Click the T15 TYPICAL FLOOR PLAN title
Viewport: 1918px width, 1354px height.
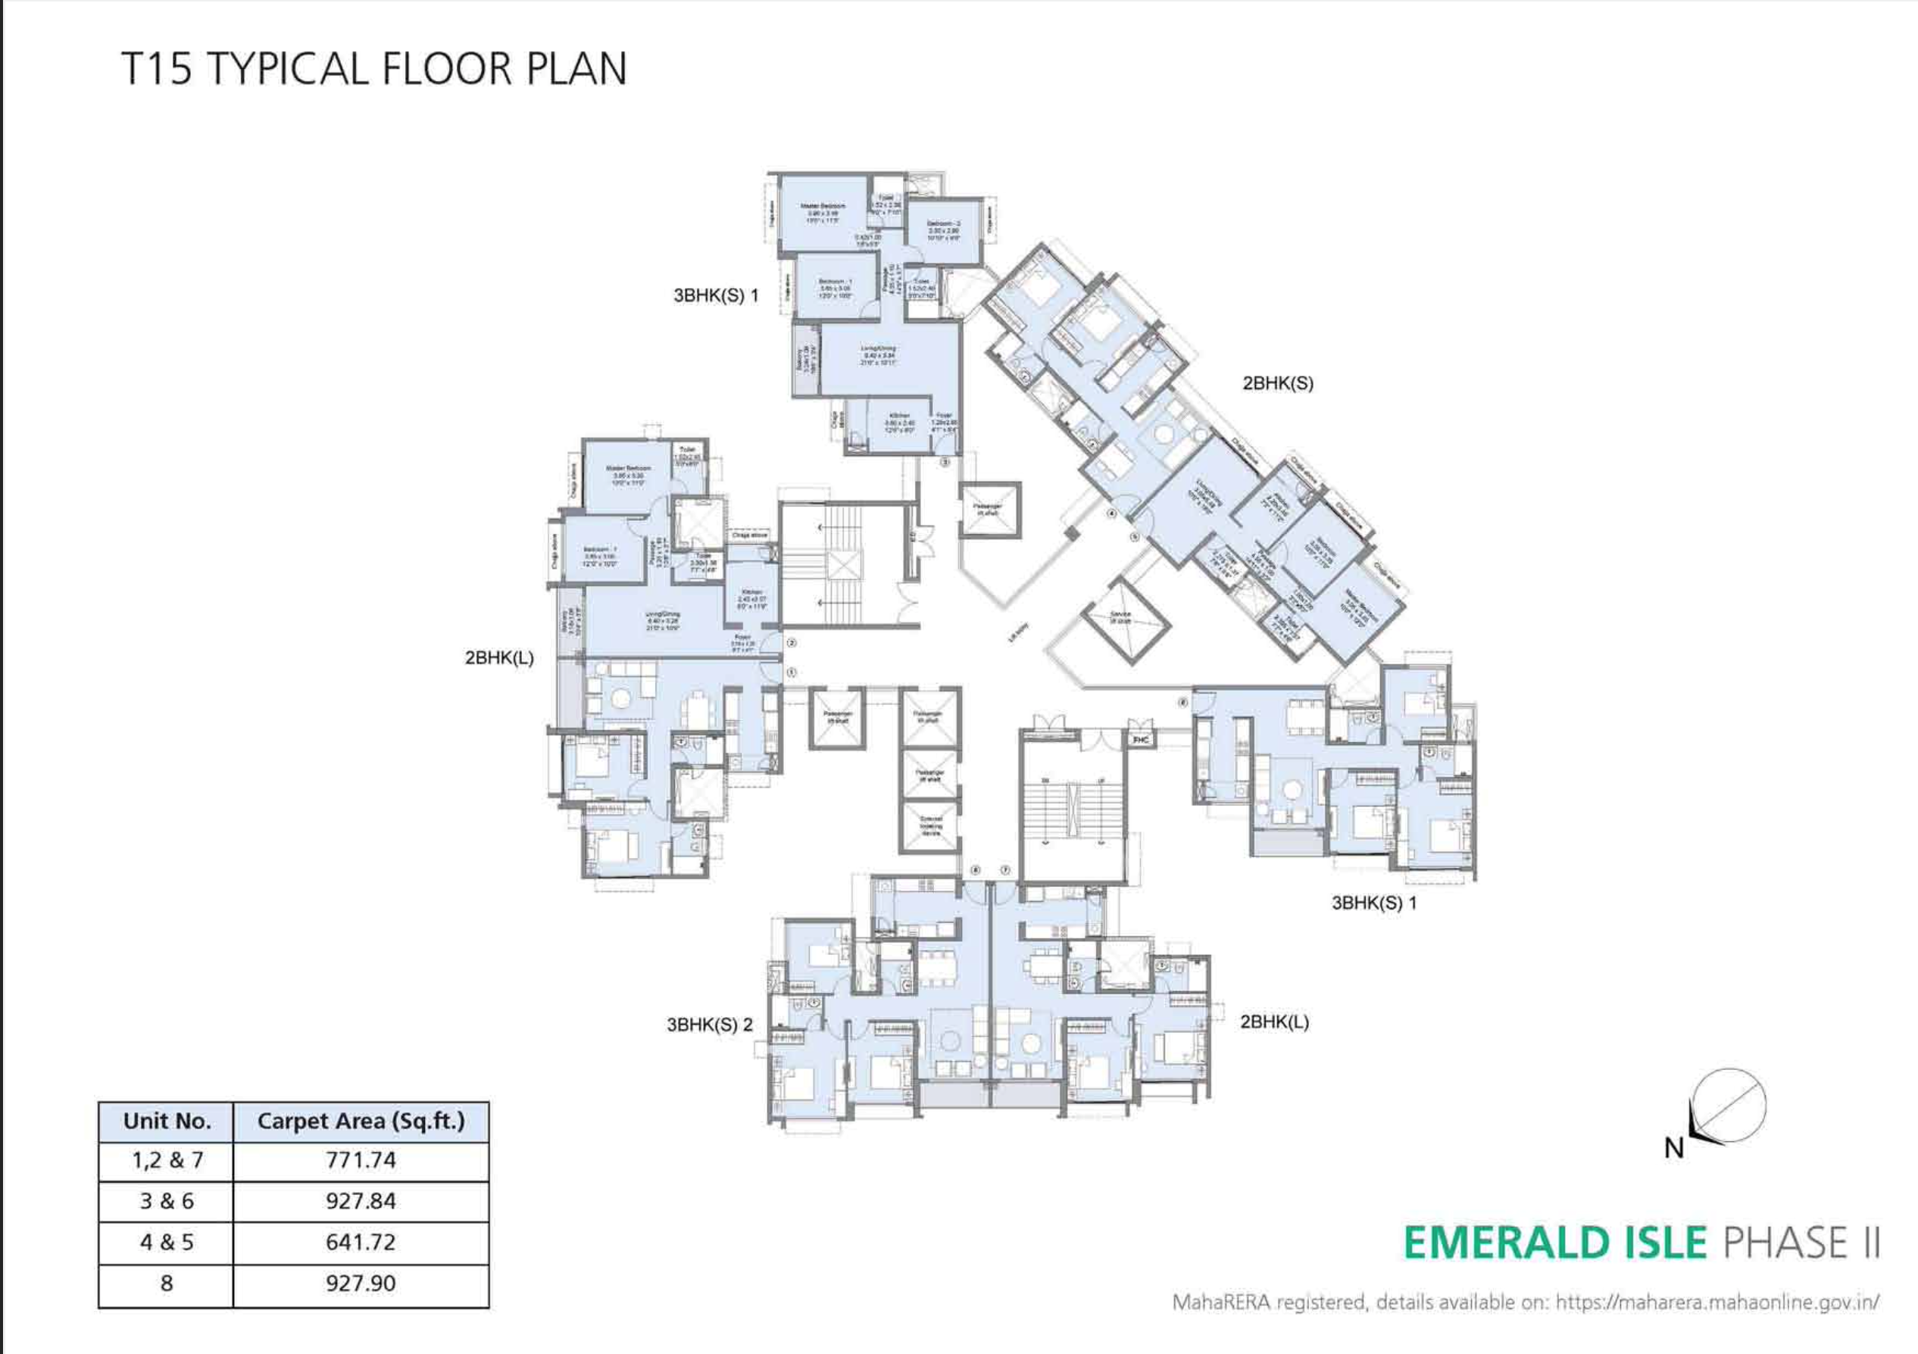pos(374,68)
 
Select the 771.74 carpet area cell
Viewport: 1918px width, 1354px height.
pos(360,1160)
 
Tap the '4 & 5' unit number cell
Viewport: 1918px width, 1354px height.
pos(166,1242)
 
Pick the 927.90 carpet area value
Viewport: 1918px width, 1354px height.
pos(360,1283)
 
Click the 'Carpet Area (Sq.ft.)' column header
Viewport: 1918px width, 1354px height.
pos(360,1121)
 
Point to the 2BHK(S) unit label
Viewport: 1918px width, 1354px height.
pos(1277,383)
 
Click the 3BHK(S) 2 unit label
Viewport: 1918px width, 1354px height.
pos(709,1025)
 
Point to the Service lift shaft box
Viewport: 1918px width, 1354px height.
pos(1120,619)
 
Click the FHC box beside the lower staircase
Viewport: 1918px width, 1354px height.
pos(1140,740)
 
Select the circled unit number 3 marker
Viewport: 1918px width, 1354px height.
pos(945,462)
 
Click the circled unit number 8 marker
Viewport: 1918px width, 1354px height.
pos(1183,703)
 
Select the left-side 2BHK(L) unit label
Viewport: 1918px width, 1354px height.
pos(498,657)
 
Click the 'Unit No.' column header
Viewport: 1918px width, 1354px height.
pos(166,1121)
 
